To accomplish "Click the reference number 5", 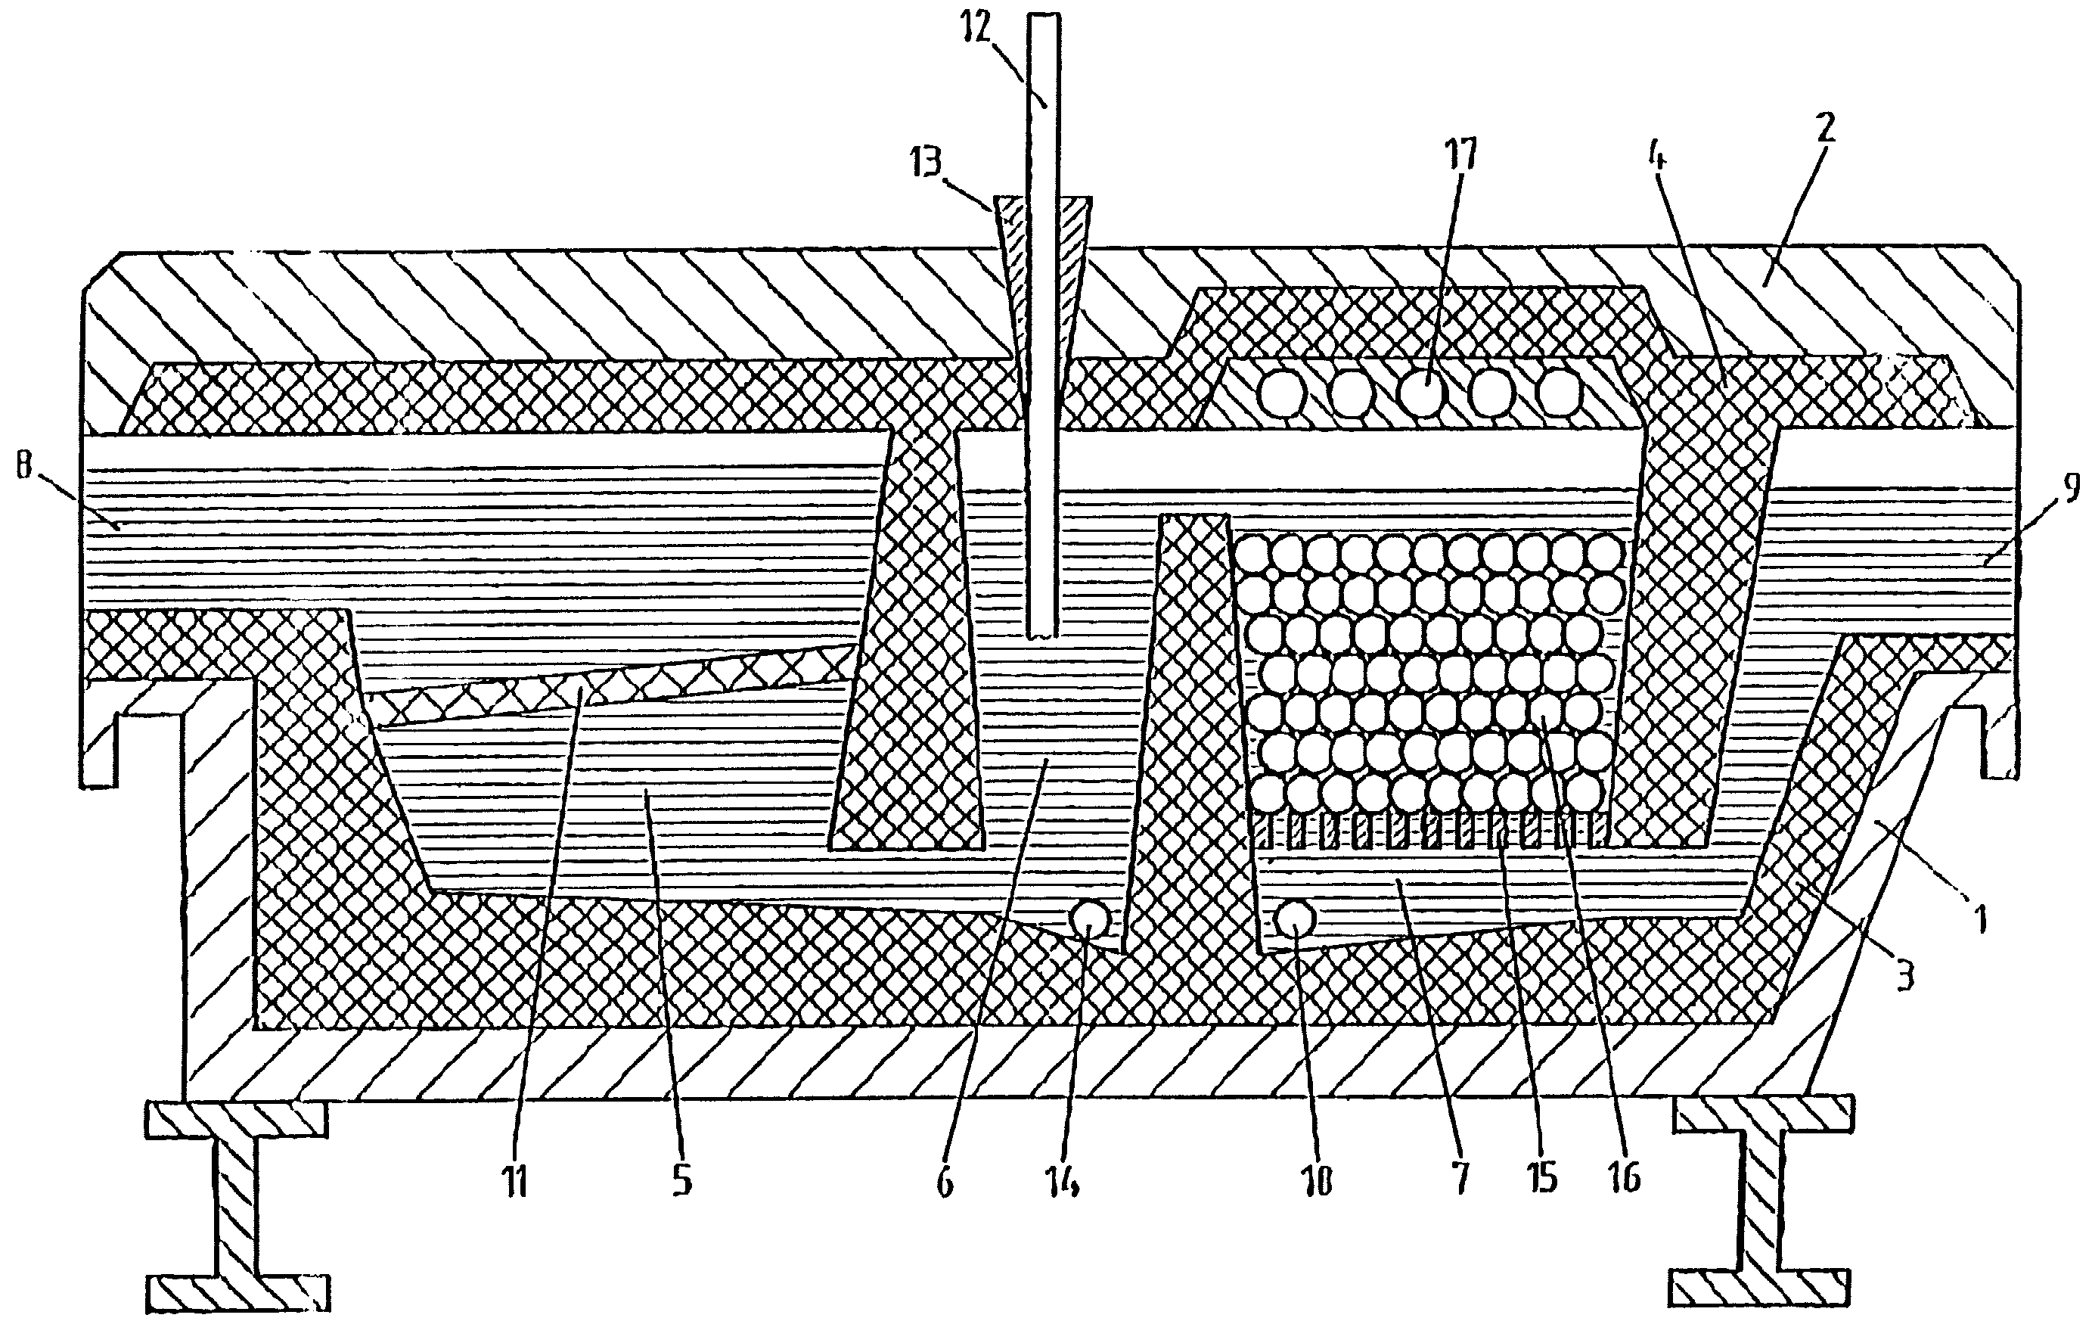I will click(682, 1182).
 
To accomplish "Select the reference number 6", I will click(946, 1182).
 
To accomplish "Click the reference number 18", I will click(1319, 1182).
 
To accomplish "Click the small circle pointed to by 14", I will click(1088, 918).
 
